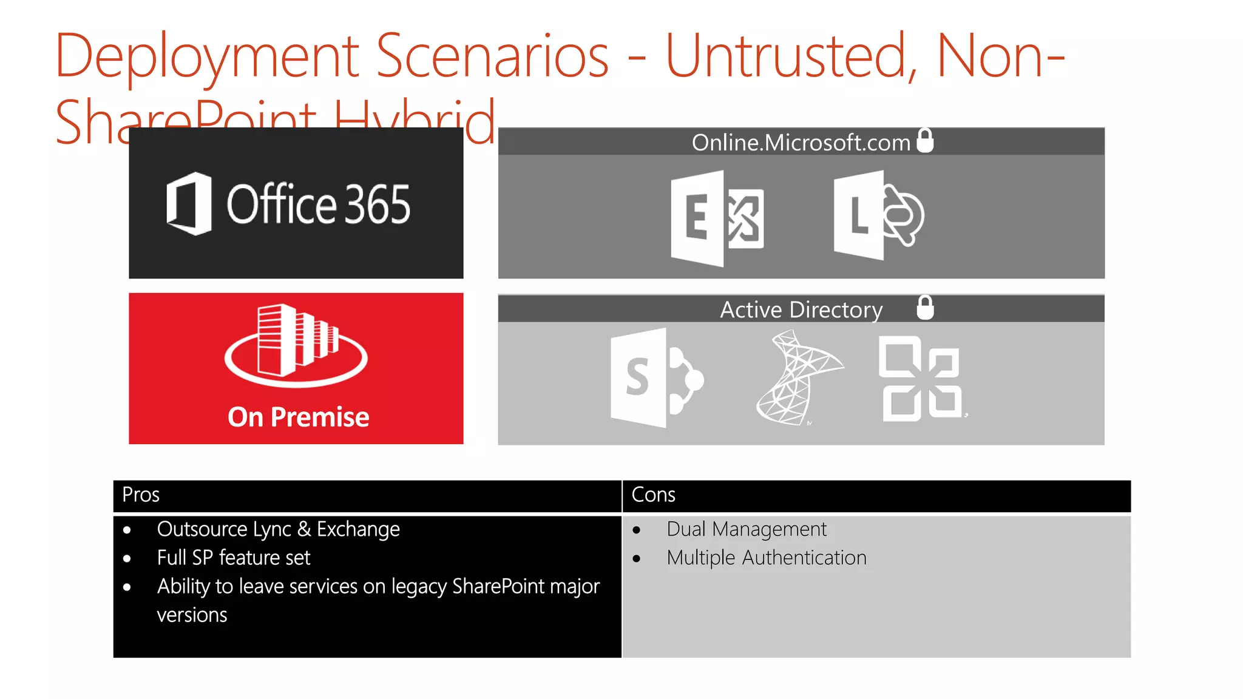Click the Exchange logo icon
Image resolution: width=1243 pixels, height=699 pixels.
[717, 218]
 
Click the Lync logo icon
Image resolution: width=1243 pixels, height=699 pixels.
[878, 216]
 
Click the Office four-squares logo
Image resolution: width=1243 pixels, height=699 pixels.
[921, 379]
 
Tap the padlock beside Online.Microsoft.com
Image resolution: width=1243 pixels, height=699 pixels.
[925, 141]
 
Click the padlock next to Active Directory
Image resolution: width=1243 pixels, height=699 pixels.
[925, 308]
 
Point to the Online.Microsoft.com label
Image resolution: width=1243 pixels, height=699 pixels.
[801, 143]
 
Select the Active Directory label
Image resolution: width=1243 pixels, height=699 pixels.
[801, 310]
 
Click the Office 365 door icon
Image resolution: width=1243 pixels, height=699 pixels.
[189, 204]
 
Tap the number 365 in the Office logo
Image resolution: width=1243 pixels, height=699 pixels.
[378, 204]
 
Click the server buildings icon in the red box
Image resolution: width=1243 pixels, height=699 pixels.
[296, 344]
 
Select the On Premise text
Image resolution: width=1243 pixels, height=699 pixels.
[298, 417]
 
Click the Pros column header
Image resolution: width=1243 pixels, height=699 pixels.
[141, 495]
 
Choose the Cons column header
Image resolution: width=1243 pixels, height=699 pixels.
[653, 495]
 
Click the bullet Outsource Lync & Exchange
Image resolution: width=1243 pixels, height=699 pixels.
[278, 530]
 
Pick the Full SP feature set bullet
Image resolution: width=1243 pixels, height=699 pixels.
[233, 558]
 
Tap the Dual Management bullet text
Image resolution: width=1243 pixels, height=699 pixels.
[746, 530]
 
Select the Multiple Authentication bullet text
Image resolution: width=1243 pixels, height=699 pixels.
[766, 558]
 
